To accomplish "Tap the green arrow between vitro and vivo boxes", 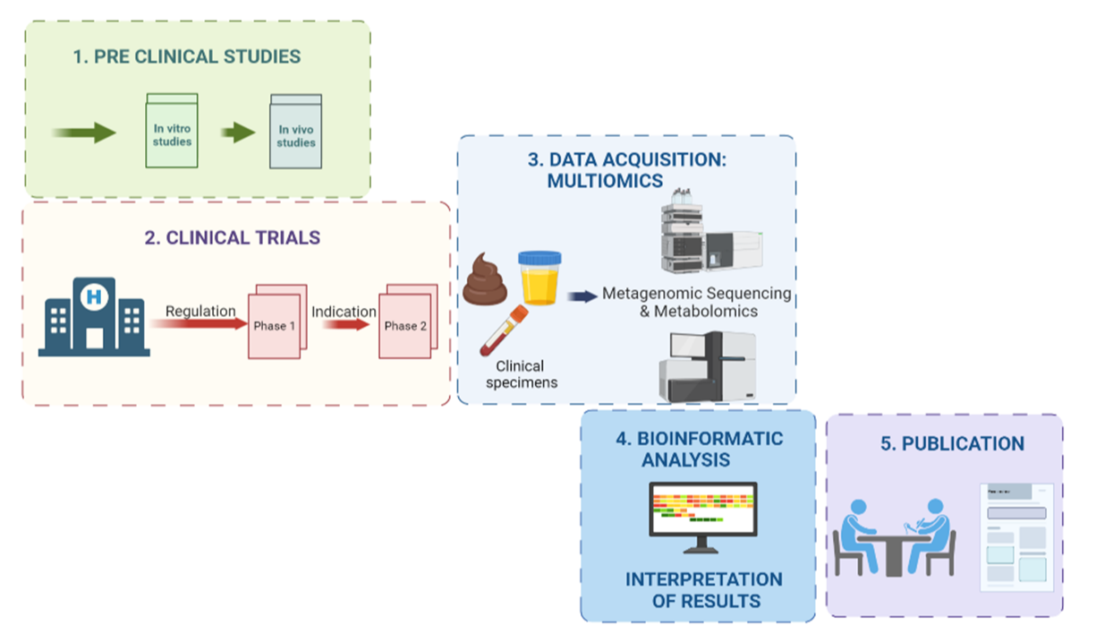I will click(238, 133).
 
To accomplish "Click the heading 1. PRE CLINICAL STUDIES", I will click(186, 56).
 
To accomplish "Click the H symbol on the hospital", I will click(92, 295).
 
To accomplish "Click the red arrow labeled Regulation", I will click(201, 322).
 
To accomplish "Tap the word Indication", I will click(344, 312).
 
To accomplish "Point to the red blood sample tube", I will click(502, 330).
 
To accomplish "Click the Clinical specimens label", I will click(520, 374).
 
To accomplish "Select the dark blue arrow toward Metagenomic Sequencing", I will click(582, 296).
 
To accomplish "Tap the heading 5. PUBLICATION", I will click(952, 444).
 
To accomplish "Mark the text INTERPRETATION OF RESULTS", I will click(704, 590).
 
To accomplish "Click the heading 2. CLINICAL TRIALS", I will click(232, 238).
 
